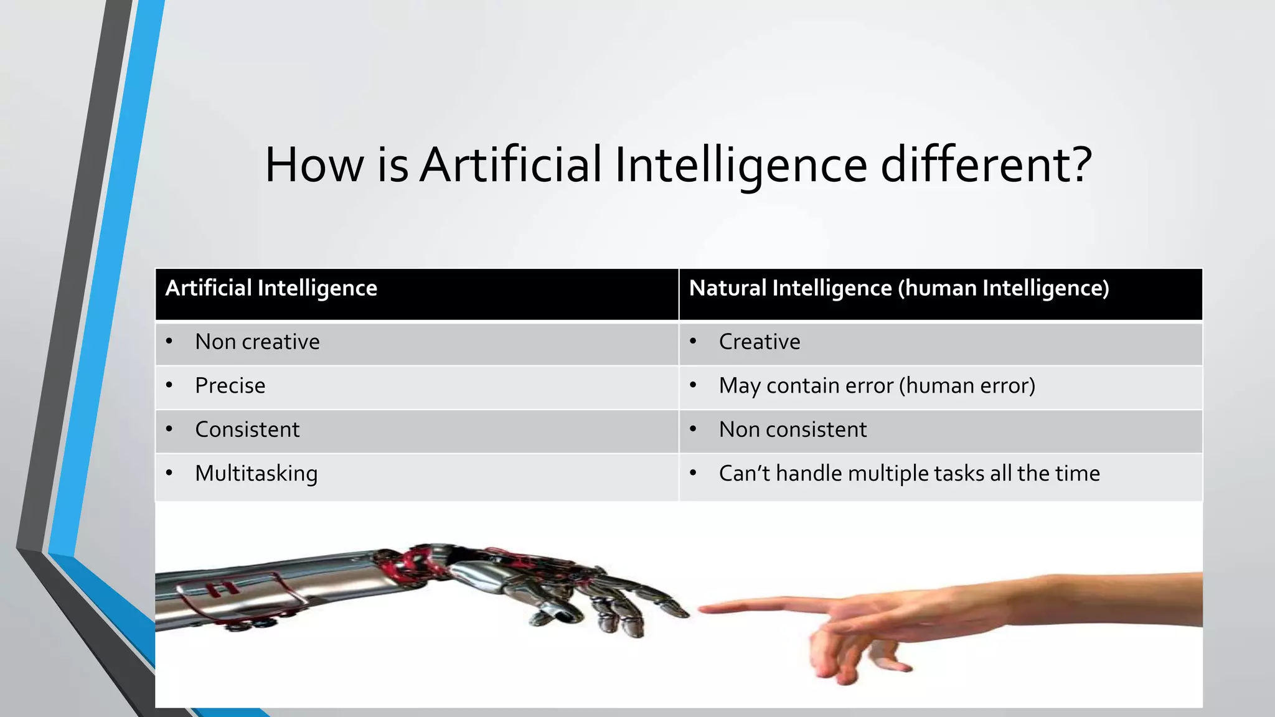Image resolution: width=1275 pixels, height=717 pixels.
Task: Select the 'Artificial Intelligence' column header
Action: (x=271, y=288)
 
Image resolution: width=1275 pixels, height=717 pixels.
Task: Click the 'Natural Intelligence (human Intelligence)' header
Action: (x=899, y=288)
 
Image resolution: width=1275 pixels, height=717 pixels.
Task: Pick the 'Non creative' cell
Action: (x=257, y=342)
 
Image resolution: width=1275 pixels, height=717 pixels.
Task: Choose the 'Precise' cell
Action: (x=230, y=386)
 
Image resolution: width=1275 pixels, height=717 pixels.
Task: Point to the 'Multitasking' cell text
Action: (x=256, y=474)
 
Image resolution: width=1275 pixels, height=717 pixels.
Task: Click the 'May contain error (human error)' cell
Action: (x=877, y=386)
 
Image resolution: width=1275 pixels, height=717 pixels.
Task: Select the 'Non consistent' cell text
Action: (x=793, y=429)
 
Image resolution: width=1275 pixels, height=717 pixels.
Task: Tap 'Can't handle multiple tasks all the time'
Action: (x=909, y=474)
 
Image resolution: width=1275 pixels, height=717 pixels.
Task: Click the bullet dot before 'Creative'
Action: (x=693, y=341)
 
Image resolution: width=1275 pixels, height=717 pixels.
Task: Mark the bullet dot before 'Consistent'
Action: (x=169, y=429)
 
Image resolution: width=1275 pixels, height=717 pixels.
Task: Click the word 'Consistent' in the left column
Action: (x=247, y=429)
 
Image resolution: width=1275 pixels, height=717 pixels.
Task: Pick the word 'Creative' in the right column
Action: (x=760, y=342)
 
